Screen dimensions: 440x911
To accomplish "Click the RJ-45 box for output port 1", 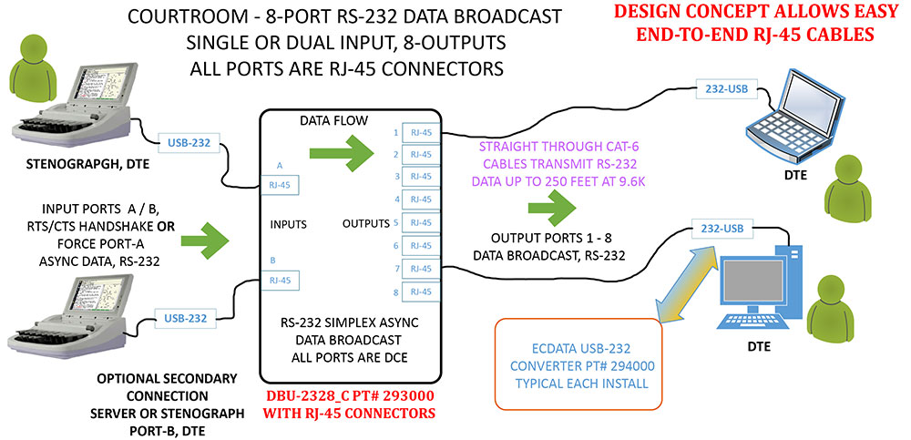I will point(421,132).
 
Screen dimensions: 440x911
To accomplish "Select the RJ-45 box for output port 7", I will point(421,269).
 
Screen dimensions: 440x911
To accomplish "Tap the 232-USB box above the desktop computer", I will point(719,229).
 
